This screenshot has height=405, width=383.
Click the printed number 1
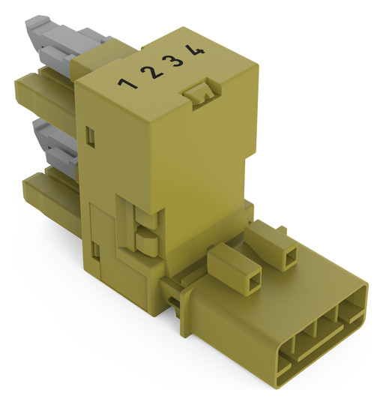(x=127, y=83)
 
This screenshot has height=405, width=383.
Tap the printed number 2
(x=151, y=72)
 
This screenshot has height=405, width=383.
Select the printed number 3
(x=172, y=61)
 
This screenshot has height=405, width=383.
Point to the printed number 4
(x=195, y=49)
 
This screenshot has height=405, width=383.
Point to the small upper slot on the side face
(x=90, y=136)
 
